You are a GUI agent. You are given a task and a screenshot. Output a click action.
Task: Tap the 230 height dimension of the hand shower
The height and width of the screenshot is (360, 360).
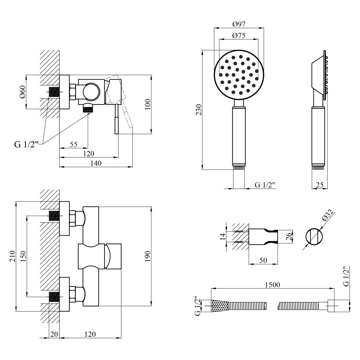[199, 110]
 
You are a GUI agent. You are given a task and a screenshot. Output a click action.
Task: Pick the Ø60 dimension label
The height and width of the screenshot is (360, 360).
[23, 92]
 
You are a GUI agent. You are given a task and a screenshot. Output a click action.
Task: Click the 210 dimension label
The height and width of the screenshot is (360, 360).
[12, 256]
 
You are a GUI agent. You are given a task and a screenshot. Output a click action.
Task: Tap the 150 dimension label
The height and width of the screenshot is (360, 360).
[23, 256]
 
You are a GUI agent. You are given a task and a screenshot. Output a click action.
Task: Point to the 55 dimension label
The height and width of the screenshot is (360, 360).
[74, 144]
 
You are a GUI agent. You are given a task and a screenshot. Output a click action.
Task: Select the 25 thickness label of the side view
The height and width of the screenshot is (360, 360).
[320, 185]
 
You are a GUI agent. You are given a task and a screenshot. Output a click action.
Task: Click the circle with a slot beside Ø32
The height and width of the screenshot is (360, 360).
[314, 237]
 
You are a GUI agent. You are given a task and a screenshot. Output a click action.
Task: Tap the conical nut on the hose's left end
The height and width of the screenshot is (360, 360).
[220, 307]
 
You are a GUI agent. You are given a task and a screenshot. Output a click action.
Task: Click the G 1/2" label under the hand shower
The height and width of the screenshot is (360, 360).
[265, 185]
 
